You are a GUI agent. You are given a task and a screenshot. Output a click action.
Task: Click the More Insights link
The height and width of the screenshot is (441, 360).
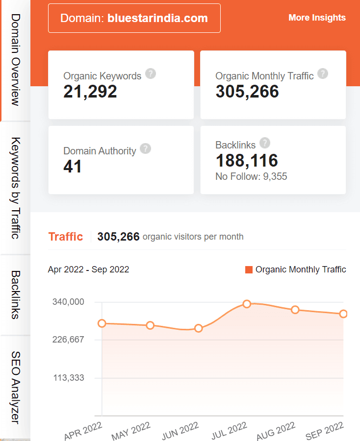tap(317, 18)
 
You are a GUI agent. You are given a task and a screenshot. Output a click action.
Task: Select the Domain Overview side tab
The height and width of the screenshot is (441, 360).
tap(15, 60)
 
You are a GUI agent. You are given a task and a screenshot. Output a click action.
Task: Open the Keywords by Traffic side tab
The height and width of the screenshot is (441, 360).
tap(15, 188)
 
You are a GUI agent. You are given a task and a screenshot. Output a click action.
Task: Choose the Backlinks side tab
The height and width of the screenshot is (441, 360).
tap(15, 295)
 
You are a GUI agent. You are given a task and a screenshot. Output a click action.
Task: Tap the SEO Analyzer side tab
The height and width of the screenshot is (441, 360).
tap(15, 387)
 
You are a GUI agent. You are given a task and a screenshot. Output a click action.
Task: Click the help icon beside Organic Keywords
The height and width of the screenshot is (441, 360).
tap(151, 74)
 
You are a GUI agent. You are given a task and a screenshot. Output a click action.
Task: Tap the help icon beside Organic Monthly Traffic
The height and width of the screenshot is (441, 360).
tap(322, 74)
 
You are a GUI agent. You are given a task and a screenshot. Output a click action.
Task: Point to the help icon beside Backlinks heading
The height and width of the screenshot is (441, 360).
tap(265, 143)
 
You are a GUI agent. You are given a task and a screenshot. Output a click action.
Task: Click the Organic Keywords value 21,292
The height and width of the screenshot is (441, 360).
tap(90, 92)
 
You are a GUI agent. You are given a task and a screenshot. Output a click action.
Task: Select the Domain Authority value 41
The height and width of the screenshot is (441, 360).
tap(73, 167)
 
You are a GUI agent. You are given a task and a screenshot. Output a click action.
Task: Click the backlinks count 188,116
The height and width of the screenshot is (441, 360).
tap(247, 160)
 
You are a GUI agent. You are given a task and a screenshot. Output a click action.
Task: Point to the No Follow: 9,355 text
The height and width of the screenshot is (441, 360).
tap(251, 176)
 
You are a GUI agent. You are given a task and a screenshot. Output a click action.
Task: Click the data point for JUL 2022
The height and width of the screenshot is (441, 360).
tap(247, 304)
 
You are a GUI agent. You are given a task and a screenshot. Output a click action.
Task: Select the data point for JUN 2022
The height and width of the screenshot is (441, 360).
tap(199, 328)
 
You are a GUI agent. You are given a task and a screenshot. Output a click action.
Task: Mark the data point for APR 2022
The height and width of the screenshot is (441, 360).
tap(102, 323)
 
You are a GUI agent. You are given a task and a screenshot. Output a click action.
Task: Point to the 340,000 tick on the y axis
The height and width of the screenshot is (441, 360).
tap(68, 302)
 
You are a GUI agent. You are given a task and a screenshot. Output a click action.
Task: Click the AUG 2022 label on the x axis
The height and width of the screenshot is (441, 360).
tap(276, 431)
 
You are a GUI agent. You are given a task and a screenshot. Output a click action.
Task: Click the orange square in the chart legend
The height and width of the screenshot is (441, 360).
tap(249, 269)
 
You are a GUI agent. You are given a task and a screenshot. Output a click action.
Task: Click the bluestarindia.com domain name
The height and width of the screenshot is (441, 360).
tap(157, 18)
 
